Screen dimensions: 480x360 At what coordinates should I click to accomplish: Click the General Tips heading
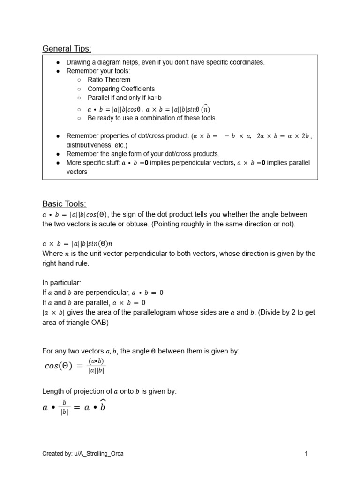tap(67, 49)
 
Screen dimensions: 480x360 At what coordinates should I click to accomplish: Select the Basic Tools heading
tap(64, 204)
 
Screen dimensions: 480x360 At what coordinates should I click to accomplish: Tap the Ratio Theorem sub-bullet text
tap(109, 80)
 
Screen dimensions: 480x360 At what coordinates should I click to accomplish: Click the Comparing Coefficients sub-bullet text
tap(121, 89)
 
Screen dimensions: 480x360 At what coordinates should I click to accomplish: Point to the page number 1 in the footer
tap(306, 453)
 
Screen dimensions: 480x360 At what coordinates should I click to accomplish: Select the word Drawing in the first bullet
tap(78, 62)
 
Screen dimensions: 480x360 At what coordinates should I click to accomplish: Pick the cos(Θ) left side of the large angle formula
tap(59, 367)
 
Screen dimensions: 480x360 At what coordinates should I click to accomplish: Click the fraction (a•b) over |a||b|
tap(96, 366)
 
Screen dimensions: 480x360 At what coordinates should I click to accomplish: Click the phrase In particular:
tap(62, 283)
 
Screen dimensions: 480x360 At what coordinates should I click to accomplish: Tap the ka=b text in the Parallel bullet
tap(151, 97)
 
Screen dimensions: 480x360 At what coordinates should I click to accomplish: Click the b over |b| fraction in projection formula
tap(64, 407)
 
